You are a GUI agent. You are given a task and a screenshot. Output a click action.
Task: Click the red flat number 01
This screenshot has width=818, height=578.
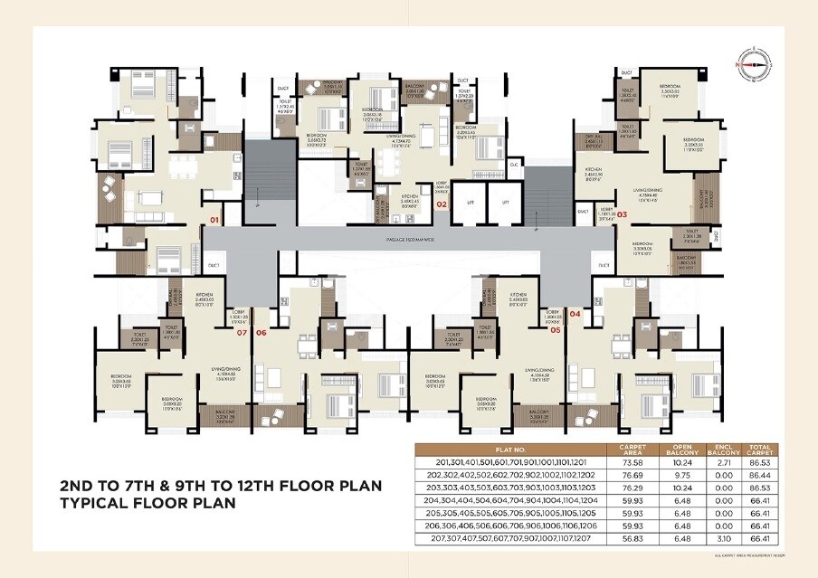[214, 220]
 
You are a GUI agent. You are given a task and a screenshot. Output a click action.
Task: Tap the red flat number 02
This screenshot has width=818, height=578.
[442, 205]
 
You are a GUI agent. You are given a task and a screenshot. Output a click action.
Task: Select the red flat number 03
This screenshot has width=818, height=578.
[622, 214]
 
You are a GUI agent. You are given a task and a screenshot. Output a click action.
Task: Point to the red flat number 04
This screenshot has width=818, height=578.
[575, 314]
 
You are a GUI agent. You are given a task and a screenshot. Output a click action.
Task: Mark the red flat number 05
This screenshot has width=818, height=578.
[556, 331]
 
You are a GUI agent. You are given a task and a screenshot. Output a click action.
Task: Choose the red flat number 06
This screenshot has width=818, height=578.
[262, 332]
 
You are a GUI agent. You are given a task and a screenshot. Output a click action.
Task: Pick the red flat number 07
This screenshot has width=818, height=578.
[241, 332]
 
